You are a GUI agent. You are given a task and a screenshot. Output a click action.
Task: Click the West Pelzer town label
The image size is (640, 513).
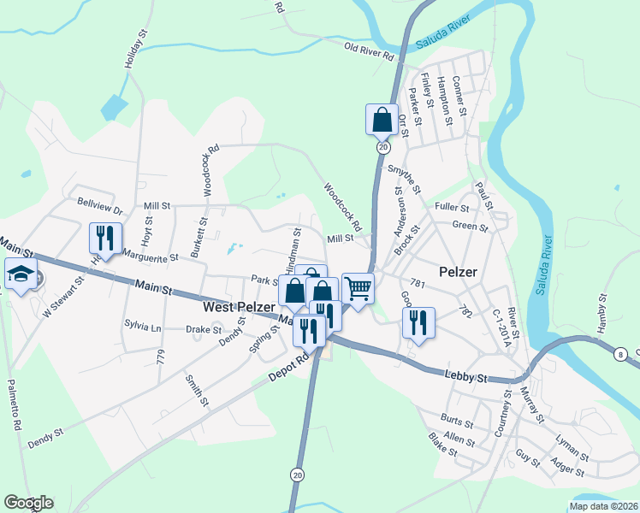coord(239,306)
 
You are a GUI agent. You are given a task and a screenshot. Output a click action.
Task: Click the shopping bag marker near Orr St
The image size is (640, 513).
coord(382,120)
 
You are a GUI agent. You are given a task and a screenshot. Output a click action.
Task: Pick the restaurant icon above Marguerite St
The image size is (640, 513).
coord(104,237)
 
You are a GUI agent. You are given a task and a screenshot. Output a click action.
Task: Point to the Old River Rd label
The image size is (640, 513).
coord(369,51)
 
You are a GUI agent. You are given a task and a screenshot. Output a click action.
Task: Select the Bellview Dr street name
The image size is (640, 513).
coord(100,206)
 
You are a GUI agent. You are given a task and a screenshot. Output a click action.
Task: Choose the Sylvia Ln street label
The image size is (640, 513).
coord(142,327)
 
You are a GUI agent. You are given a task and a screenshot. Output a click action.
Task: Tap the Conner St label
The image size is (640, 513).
coord(459,96)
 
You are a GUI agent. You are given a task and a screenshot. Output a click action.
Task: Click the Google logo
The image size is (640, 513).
coord(28,503)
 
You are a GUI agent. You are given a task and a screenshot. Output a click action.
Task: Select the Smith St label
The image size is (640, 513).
coord(195,390)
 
